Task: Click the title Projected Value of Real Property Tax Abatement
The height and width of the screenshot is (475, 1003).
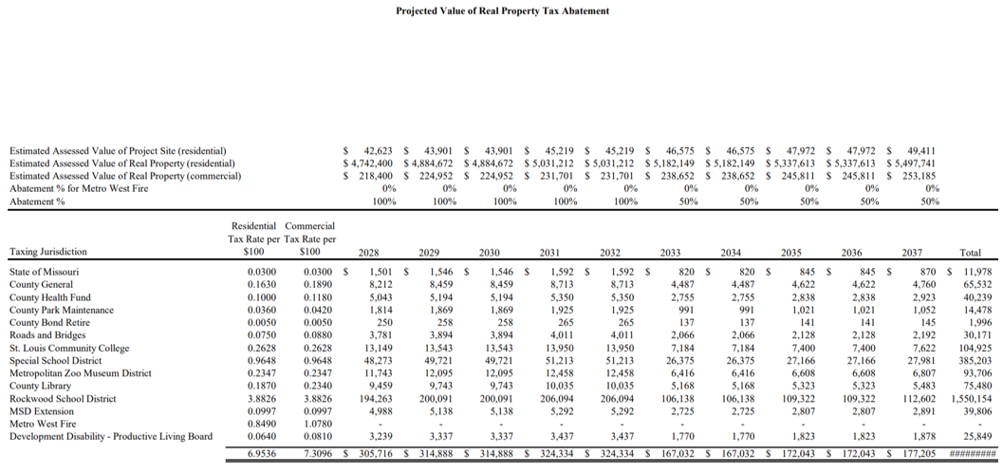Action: click(x=502, y=10)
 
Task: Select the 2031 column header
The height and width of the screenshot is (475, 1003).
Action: click(x=549, y=253)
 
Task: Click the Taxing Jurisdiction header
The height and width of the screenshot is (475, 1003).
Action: click(x=47, y=253)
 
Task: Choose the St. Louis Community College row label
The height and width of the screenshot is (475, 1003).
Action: click(x=69, y=348)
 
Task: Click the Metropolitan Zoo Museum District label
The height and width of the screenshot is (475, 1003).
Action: click(x=83, y=373)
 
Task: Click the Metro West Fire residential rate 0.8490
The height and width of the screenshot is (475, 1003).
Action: click(x=262, y=425)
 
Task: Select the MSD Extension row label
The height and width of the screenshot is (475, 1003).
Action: click(x=44, y=411)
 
